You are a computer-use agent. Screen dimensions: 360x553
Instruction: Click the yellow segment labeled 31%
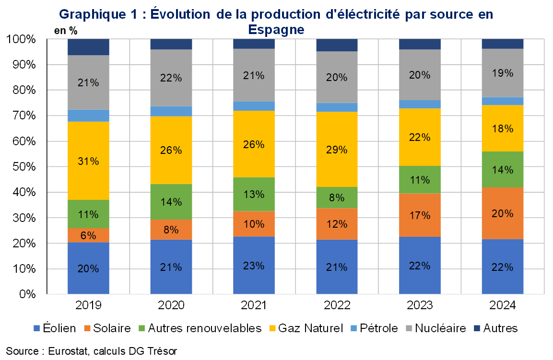[88, 161]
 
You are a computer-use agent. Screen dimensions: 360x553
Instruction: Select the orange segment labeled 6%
[88, 235]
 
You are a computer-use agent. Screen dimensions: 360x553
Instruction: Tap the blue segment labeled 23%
[254, 265]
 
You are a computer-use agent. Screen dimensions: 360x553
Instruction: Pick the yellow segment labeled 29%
[337, 149]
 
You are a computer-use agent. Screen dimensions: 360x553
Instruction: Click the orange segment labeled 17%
[420, 215]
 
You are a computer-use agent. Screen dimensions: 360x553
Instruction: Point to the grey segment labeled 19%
[502, 73]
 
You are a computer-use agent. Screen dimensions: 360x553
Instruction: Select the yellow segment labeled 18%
[502, 128]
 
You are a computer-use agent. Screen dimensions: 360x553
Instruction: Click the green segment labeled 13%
[254, 194]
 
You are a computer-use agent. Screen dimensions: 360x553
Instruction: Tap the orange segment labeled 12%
[337, 223]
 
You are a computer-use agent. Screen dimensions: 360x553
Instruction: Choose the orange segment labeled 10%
[254, 224]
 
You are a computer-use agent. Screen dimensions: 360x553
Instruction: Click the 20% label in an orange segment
[502, 213]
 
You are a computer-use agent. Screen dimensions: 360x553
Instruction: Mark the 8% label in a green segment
[337, 197]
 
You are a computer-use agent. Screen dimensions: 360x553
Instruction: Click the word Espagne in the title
[277, 30]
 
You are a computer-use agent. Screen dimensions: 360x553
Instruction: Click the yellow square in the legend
[272, 328]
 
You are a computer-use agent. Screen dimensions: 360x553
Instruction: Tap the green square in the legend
[141, 328]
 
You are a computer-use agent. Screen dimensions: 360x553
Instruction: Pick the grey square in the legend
[409, 328]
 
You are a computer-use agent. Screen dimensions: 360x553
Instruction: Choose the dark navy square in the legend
[477, 328]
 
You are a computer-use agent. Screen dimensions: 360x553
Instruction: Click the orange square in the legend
[87, 328]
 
